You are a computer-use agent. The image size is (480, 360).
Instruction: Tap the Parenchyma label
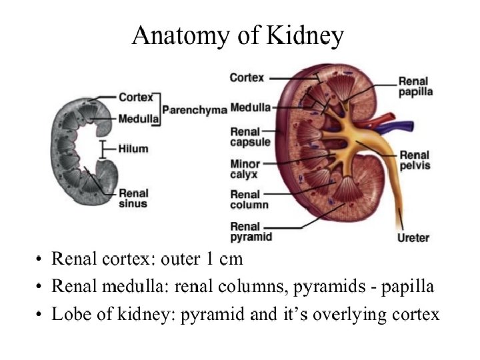click(x=195, y=109)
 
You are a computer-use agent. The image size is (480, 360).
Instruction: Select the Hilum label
click(x=133, y=149)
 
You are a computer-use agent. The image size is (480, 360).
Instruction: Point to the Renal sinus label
click(x=133, y=198)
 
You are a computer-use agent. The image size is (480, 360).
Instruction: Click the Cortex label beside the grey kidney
click(x=136, y=97)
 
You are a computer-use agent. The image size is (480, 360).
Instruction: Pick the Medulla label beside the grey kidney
click(x=138, y=119)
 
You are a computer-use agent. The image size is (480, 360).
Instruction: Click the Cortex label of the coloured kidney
click(x=246, y=78)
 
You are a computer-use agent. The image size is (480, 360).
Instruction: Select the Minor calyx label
click(x=245, y=169)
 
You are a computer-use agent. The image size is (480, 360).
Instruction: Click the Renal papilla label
click(x=415, y=87)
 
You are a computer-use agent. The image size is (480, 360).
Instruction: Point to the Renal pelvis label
click(x=414, y=160)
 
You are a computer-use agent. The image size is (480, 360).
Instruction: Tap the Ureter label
click(x=413, y=237)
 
